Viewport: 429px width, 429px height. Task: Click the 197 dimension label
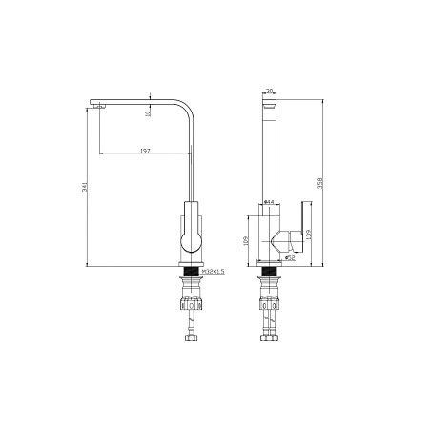click(145, 151)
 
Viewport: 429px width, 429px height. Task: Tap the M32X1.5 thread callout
click(214, 271)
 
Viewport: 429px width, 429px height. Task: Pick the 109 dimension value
click(247, 241)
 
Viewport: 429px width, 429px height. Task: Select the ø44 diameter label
click(269, 202)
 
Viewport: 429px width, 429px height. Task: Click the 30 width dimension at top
click(270, 91)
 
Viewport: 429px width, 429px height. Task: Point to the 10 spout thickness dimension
click(148, 114)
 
